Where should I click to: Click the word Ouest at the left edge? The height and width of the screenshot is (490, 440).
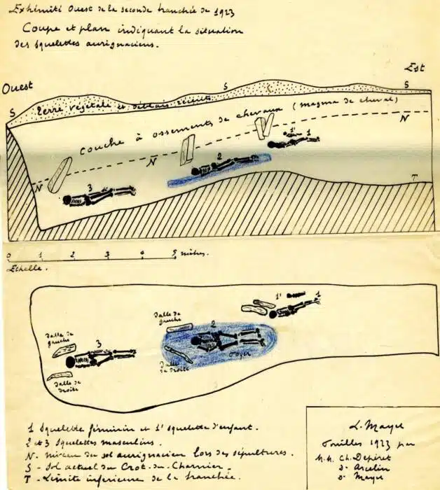pyautogui.click(x=18, y=89)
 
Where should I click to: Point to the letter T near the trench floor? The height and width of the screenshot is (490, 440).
pyautogui.click(x=415, y=178)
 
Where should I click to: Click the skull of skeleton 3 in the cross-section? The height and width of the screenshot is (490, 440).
pyautogui.click(x=68, y=200)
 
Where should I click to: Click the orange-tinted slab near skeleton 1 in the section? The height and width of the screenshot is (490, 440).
pyautogui.click(x=263, y=127)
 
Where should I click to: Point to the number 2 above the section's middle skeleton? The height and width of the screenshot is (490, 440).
pyautogui.click(x=219, y=156)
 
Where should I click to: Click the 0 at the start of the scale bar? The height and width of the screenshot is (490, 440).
pyautogui.click(x=8, y=255)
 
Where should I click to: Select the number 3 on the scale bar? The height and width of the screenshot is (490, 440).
pyautogui.click(x=107, y=255)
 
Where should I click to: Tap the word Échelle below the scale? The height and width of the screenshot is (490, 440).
pyautogui.click(x=21, y=268)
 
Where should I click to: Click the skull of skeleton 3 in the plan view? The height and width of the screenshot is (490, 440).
pyautogui.click(x=71, y=362)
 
